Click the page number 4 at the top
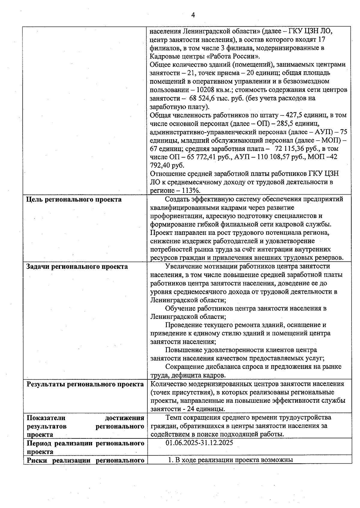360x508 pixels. click(193, 15)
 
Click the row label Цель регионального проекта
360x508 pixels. click(74, 200)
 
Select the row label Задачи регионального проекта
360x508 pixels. click(77, 267)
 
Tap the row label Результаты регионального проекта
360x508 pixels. click(85, 384)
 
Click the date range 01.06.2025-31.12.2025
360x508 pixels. click(199, 443)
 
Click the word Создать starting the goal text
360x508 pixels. click(178, 199)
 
